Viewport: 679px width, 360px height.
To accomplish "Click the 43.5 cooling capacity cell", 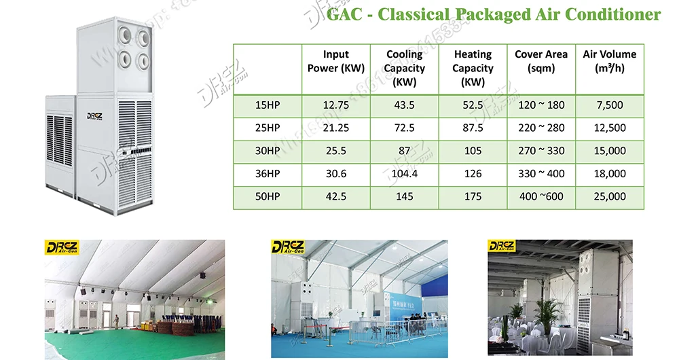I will click(x=404, y=105).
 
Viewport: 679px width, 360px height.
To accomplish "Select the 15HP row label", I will click(x=268, y=105).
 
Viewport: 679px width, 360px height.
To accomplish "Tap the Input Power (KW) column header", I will click(x=336, y=61).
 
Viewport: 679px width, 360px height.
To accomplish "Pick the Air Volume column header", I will click(x=610, y=61).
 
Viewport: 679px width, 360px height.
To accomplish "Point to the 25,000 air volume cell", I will click(x=610, y=196).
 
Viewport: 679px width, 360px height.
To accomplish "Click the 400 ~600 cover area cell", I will click(x=541, y=196).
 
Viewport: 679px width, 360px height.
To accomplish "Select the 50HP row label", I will click(x=268, y=196).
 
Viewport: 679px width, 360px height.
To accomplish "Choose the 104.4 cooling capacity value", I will click(x=404, y=174).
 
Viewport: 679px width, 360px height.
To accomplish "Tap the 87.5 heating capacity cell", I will click(x=473, y=128).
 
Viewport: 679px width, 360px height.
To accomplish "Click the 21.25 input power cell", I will click(x=336, y=128).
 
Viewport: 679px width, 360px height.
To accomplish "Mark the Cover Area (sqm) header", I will click(x=541, y=61).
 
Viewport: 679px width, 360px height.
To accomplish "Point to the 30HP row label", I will click(x=268, y=151).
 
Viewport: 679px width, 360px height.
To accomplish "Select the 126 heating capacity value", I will click(x=473, y=174).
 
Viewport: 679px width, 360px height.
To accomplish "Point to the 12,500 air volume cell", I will click(x=610, y=128).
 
